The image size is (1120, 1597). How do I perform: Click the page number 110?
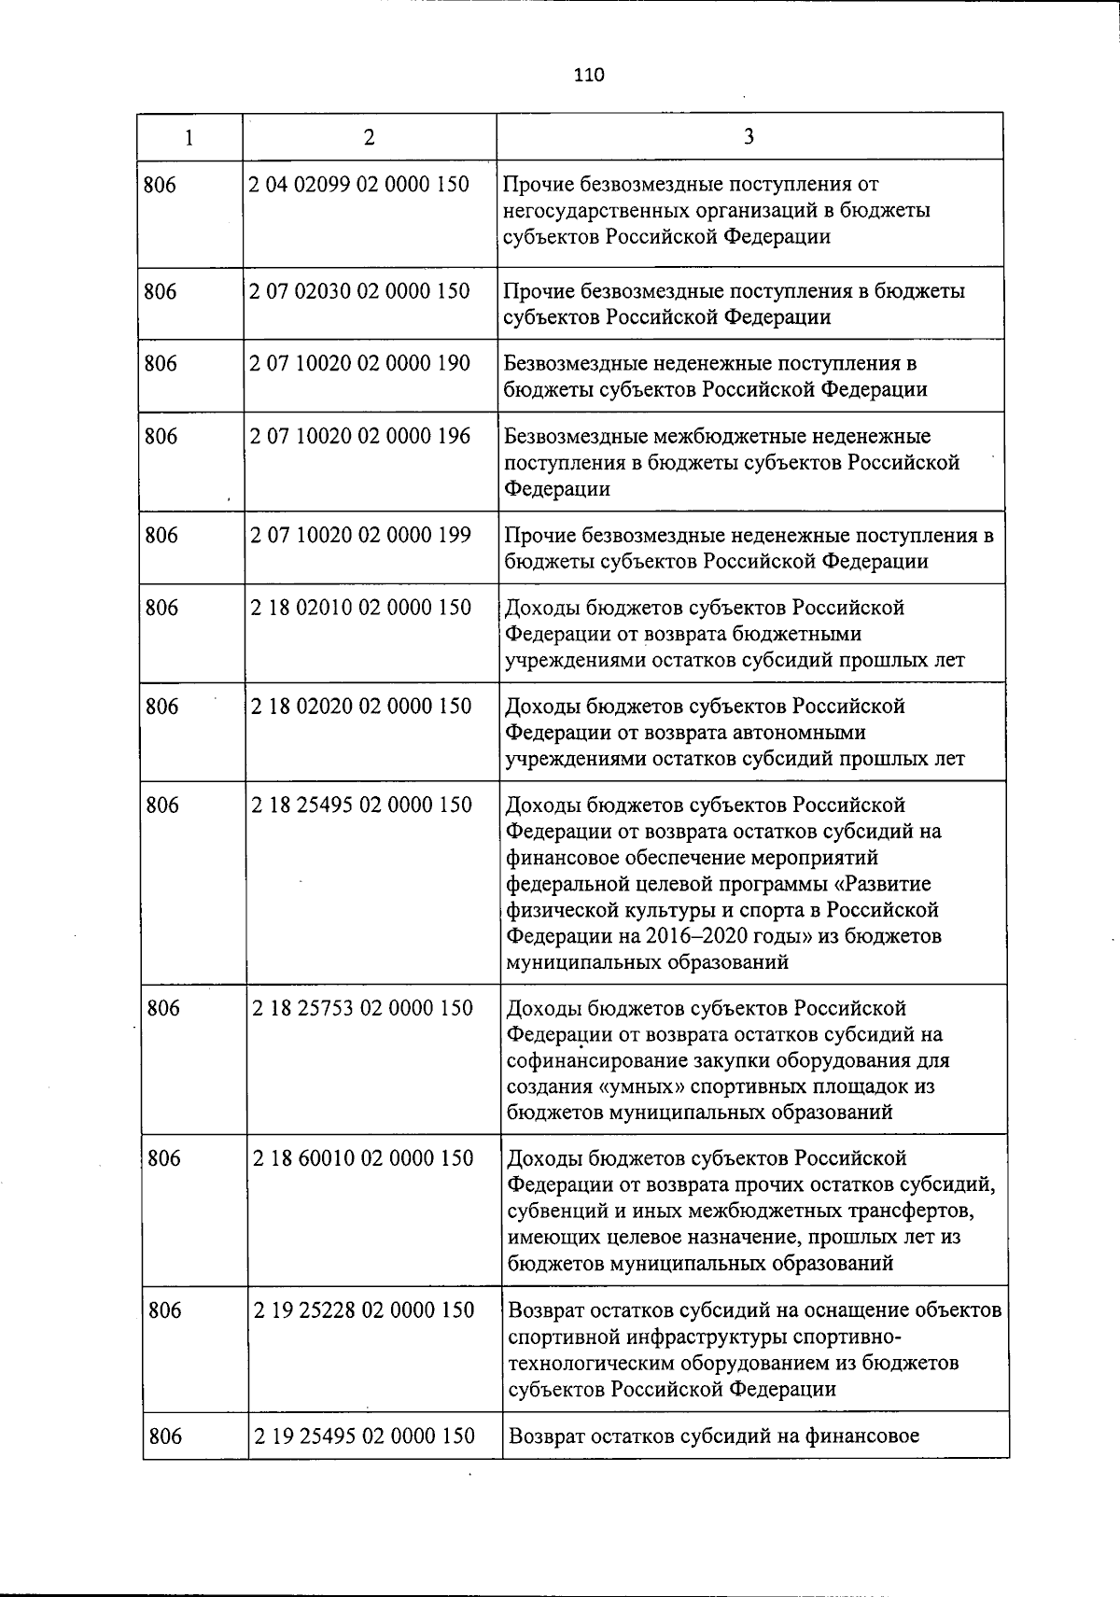tap(589, 76)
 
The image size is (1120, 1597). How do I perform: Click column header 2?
tap(370, 137)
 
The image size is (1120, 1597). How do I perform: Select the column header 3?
tap(749, 137)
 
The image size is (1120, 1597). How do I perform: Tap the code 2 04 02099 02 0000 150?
tap(359, 185)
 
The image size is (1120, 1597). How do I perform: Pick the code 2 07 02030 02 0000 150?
tap(359, 291)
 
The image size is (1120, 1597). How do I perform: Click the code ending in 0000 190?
tap(359, 364)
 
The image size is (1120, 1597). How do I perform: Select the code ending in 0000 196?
tap(360, 437)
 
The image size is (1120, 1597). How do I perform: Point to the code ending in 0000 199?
tap(360, 536)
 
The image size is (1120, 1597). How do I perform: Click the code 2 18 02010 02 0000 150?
tap(361, 609)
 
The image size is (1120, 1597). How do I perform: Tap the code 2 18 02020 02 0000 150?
tap(361, 707)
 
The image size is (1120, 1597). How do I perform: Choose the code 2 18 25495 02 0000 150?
tap(362, 806)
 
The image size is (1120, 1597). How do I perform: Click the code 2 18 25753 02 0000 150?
tap(363, 1009)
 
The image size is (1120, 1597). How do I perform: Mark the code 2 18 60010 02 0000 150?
tap(363, 1159)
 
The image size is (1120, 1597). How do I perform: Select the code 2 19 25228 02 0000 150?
tap(364, 1310)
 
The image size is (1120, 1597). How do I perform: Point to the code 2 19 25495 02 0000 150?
tap(364, 1436)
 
